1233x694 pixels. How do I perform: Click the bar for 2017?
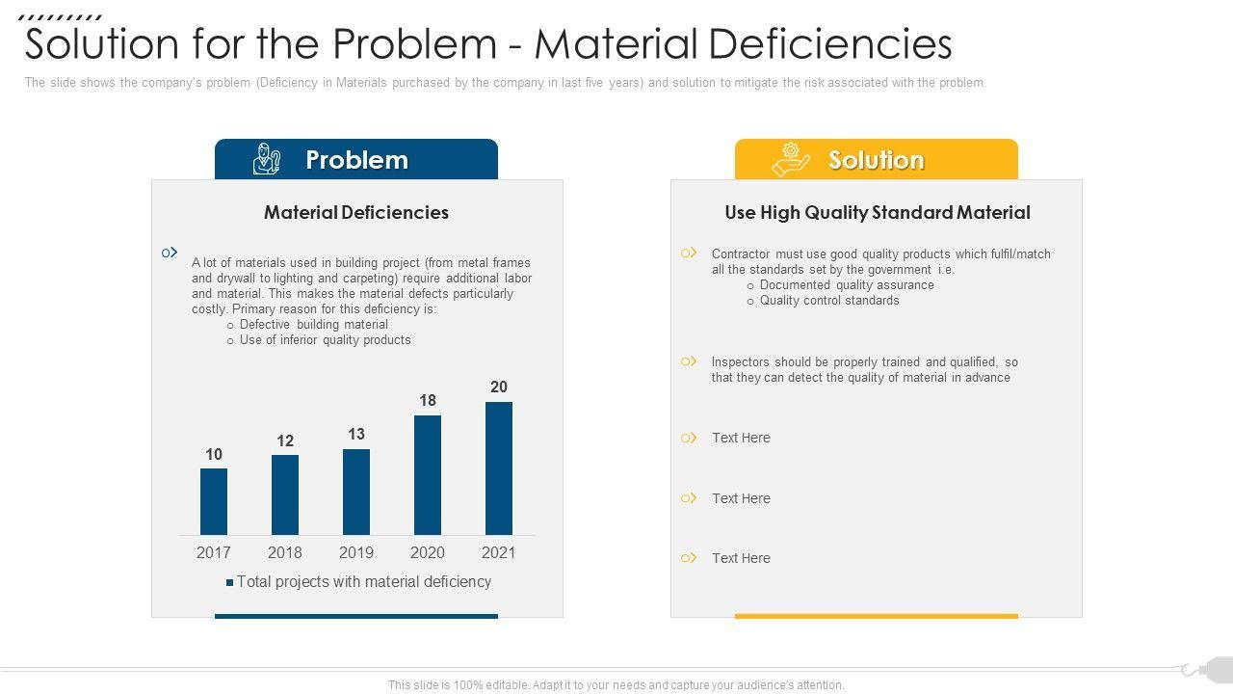[214, 501]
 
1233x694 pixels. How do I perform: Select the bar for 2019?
[356, 492]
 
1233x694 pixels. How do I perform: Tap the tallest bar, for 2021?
[499, 468]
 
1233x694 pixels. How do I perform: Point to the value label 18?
[428, 400]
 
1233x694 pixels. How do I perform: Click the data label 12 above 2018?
[285, 440]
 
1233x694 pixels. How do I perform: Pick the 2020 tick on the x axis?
[428, 552]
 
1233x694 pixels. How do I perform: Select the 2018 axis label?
[285, 552]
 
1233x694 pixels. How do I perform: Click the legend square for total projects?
[230, 582]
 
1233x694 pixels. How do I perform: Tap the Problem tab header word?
[356, 160]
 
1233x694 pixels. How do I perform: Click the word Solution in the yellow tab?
[876, 160]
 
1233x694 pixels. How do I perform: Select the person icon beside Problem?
[266, 159]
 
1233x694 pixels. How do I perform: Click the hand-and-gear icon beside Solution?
[791, 159]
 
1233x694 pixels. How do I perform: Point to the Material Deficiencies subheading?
[356, 212]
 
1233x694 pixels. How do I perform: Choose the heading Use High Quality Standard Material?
[878, 212]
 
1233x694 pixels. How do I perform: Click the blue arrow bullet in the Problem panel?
[170, 253]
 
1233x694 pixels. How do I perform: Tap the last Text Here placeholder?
[741, 558]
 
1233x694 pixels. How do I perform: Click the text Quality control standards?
[829, 301]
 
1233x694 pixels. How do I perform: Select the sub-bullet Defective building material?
[314, 325]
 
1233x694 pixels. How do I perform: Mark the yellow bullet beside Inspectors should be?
[689, 361]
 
